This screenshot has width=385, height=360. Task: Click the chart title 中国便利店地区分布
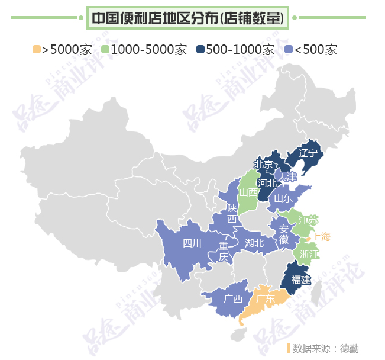point(187,18)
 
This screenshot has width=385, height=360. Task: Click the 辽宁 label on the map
point(308,153)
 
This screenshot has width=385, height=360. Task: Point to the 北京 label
point(263,165)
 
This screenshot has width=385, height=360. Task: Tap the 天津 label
point(287,176)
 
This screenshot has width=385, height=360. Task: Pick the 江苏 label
point(308,220)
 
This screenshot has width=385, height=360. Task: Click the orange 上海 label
point(322,236)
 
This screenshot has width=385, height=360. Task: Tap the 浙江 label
point(309,254)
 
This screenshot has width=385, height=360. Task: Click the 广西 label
point(233,298)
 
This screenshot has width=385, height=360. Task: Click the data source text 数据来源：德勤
point(325,348)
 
